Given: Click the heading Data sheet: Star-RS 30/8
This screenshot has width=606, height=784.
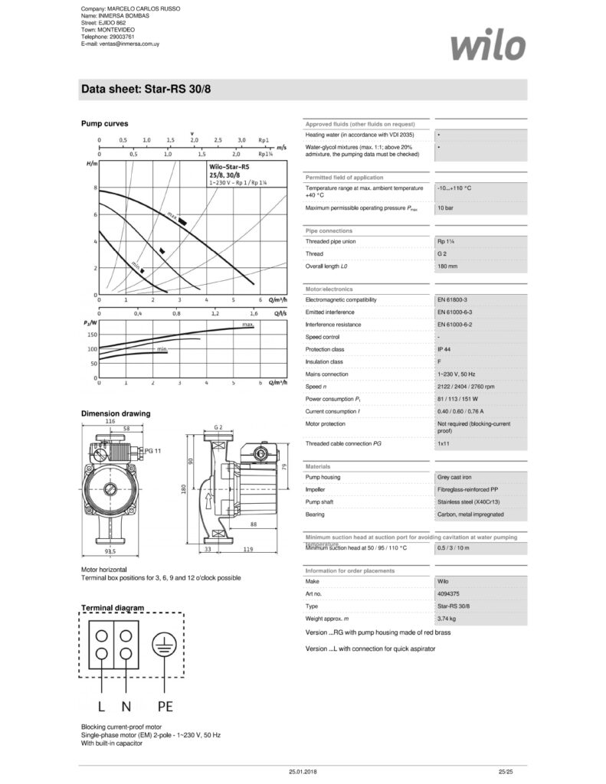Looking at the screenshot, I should click(x=146, y=90).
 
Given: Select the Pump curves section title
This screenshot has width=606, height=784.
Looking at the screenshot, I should click(x=104, y=123).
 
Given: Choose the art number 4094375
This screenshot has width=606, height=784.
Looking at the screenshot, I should click(x=449, y=593).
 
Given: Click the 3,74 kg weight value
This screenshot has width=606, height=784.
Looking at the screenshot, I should click(x=447, y=618).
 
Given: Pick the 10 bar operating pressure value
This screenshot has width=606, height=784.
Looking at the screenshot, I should click(x=444, y=208).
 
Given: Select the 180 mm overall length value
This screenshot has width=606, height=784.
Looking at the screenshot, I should click(x=447, y=266).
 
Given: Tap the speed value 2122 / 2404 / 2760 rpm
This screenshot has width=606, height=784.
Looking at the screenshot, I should click(x=466, y=387).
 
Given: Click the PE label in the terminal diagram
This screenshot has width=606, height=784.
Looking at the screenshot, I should click(x=165, y=705).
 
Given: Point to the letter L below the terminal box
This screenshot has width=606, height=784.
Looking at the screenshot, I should click(x=100, y=705).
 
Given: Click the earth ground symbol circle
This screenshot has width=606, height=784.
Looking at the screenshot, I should click(x=162, y=645).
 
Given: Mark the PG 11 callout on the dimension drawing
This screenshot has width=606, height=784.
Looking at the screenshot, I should click(x=153, y=452).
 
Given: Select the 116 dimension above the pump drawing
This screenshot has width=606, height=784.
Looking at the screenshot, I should click(x=110, y=421).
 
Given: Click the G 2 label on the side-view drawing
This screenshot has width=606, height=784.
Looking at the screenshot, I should click(x=218, y=426).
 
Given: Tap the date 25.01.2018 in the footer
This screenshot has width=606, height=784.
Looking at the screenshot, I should click(x=303, y=772).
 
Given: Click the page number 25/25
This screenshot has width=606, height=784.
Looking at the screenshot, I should click(x=504, y=772).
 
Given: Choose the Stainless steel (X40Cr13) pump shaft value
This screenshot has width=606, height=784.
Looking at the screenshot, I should click(x=467, y=501).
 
